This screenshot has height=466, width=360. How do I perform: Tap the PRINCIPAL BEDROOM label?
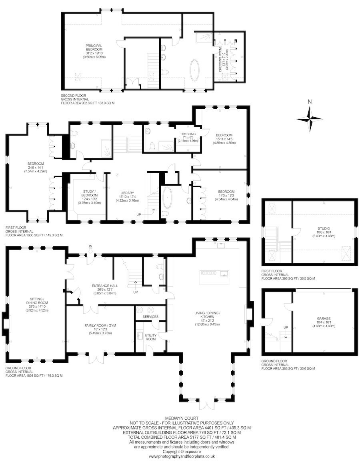point(94,48)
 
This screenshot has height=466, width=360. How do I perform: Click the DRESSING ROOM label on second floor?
point(220,58)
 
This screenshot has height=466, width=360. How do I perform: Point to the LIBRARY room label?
point(127,193)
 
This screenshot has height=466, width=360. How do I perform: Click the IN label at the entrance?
point(91,246)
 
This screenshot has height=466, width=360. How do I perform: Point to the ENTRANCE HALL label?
point(105,286)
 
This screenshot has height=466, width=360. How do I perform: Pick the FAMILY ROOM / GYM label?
point(100,326)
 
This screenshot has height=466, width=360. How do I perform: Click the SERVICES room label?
point(150,316)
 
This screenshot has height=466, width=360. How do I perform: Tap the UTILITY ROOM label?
point(150,337)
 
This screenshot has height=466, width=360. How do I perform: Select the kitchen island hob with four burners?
point(207,273)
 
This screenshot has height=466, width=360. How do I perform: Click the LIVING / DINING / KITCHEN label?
point(207,316)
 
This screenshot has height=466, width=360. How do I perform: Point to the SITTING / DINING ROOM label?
point(37,301)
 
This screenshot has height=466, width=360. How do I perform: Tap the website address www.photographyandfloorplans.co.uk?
point(181,456)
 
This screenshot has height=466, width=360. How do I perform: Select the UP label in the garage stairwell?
point(286,328)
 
